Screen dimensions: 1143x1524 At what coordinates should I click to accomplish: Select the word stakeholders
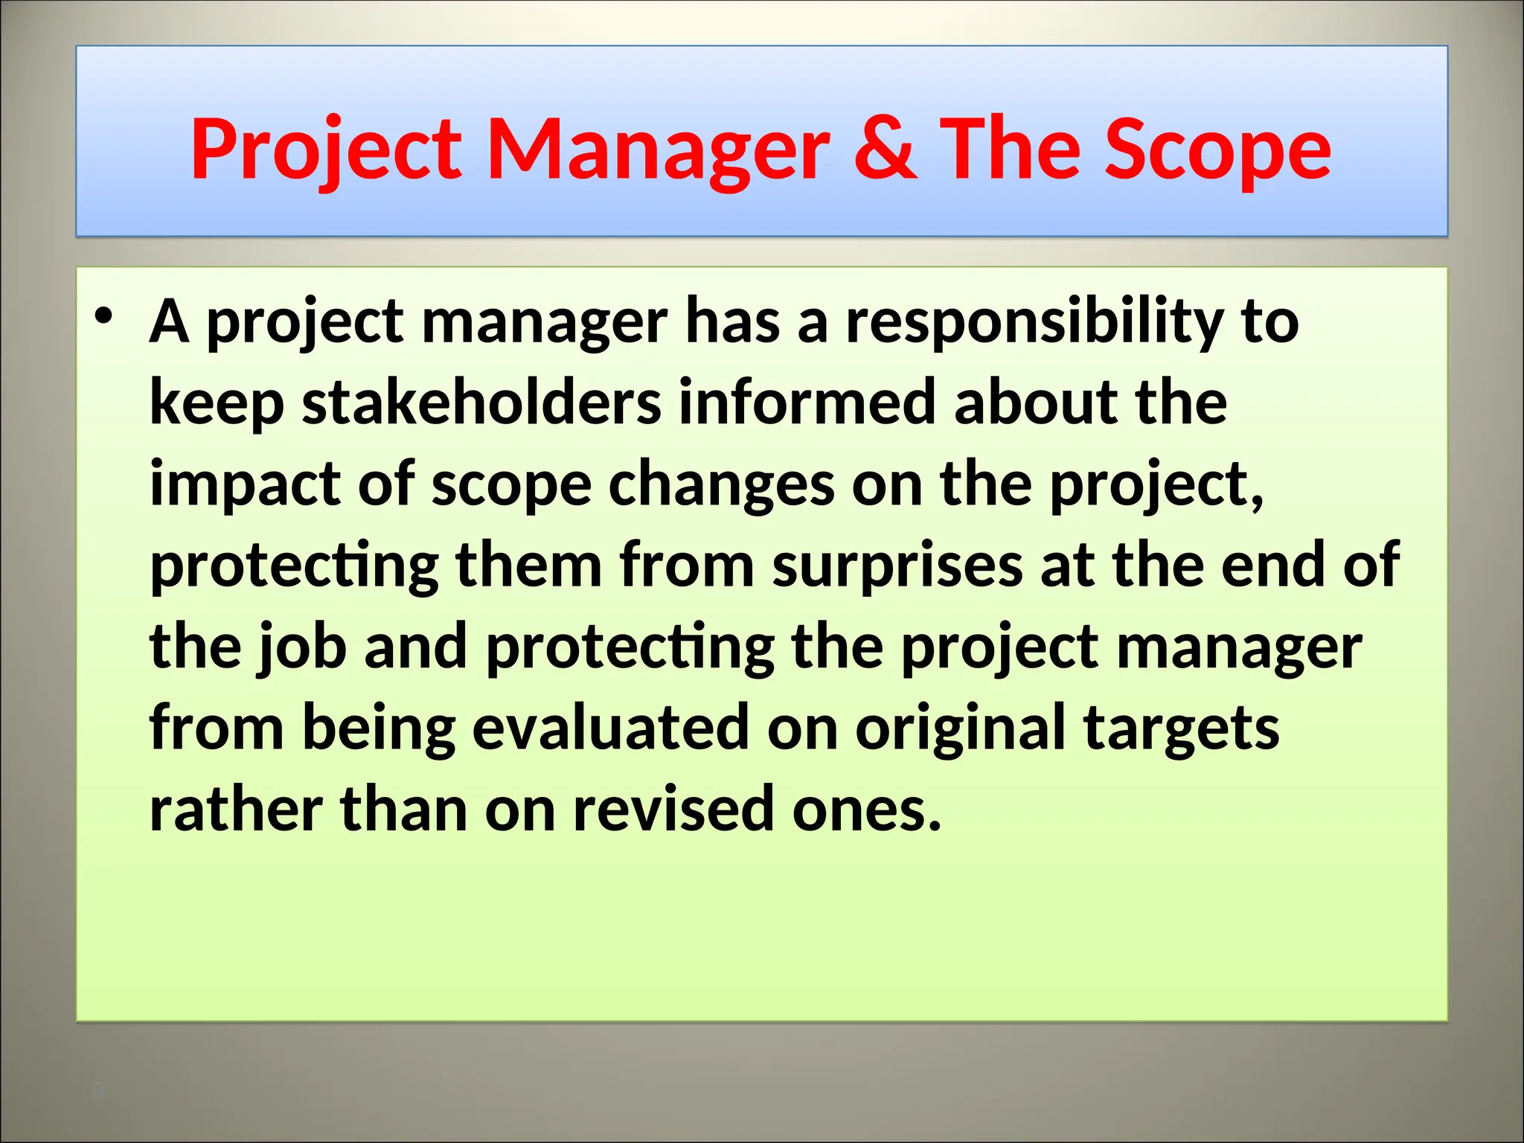(x=481, y=403)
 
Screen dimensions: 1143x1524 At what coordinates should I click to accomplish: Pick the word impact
(x=246, y=485)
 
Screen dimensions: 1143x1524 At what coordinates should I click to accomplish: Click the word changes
(x=721, y=485)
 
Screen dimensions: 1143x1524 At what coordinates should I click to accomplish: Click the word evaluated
(x=610, y=728)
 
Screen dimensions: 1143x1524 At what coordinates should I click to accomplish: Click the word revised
(x=673, y=810)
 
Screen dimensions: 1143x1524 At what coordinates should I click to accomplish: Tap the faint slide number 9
(x=97, y=1092)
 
